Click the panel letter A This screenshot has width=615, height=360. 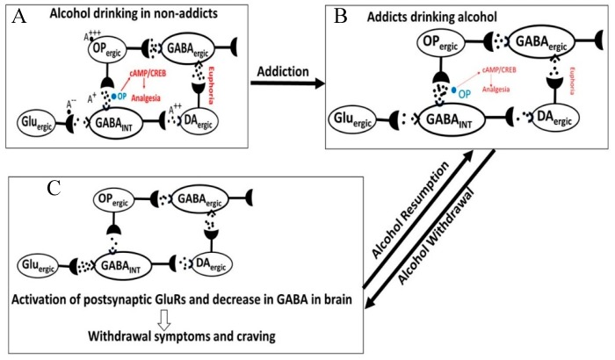(16, 16)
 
